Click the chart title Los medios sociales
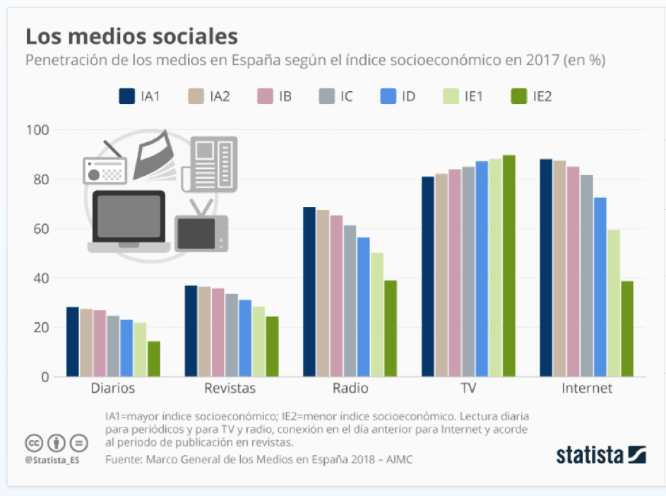click(131, 36)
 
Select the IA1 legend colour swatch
click(127, 97)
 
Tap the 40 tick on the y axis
click(41, 278)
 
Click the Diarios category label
click(112, 389)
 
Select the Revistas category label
click(230, 389)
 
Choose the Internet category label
click(587, 389)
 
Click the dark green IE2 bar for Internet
click(626, 329)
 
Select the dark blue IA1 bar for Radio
click(309, 291)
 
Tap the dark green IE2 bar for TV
click(509, 266)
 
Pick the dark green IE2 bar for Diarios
click(153, 359)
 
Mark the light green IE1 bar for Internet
click(613, 303)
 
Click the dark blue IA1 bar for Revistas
click(191, 331)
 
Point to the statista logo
click(601, 454)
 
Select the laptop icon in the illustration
click(129, 221)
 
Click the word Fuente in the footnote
click(123, 459)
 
